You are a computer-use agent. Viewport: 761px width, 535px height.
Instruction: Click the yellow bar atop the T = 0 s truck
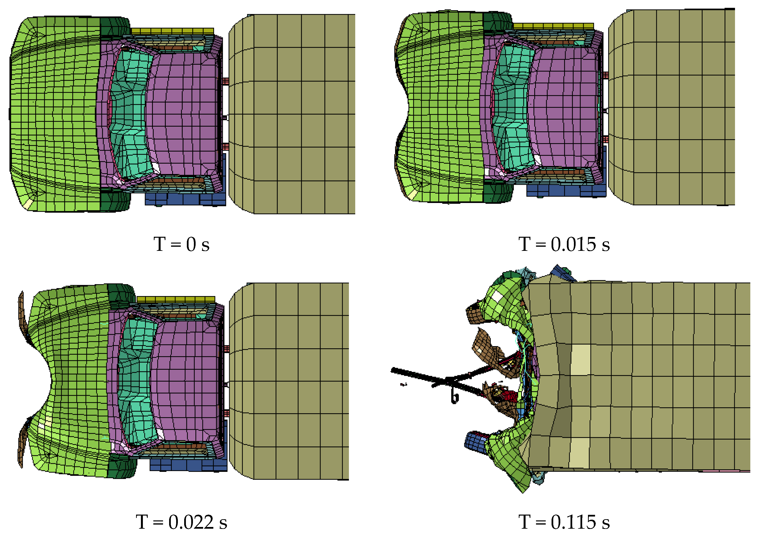coord(172,31)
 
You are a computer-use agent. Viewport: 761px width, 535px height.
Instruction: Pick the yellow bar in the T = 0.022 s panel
coord(176,299)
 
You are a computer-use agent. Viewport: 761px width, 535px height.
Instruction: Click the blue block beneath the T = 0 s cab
coord(186,199)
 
